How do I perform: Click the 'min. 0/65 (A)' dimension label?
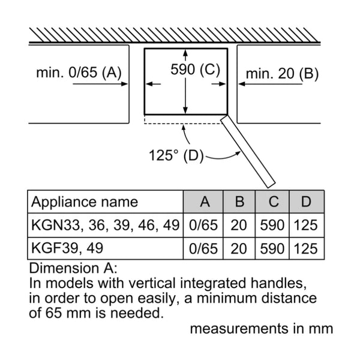tap(79, 73)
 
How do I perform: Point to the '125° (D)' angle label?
tap(176, 155)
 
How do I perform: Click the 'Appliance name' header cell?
tap(85, 202)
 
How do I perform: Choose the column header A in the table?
tap(205, 202)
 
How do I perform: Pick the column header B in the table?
tap(239, 202)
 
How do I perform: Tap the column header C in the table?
tap(273, 202)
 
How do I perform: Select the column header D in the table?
tap(306, 202)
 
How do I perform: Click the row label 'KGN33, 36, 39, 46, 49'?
tap(105, 226)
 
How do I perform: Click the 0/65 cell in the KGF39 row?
tap(204, 248)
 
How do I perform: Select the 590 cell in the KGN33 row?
tap(273, 226)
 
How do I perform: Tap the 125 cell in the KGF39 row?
tap(306, 248)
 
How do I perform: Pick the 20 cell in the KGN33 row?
tap(239, 226)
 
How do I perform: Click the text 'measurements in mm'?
tap(261, 328)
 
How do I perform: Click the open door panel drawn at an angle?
tap(247, 150)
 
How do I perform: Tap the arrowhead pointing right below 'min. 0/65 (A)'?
tap(124, 84)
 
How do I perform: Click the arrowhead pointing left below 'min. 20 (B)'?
tap(242, 84)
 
